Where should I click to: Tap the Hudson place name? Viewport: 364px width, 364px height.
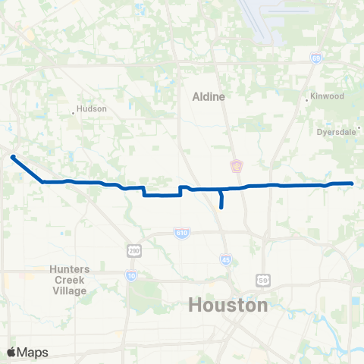click(x=92, y=108)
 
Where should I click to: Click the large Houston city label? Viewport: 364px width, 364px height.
click(x=227, y=306)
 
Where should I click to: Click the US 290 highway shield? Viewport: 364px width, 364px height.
click(x=133, y=250)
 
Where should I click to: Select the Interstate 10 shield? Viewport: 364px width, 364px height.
click(x=130, y=276)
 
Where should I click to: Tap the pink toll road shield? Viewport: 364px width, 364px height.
click(x=236, y=165)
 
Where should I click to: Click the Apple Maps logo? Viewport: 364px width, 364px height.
click(x=27, y=352)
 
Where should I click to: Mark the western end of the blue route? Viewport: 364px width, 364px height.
click(x=13, y=157)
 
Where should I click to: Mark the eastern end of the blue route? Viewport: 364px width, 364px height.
click(x=353, y=184)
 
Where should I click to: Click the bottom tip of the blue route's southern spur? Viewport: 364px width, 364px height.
click(x=221, y=207)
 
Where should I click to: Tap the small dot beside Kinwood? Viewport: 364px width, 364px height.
click(x=306, y=97)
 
